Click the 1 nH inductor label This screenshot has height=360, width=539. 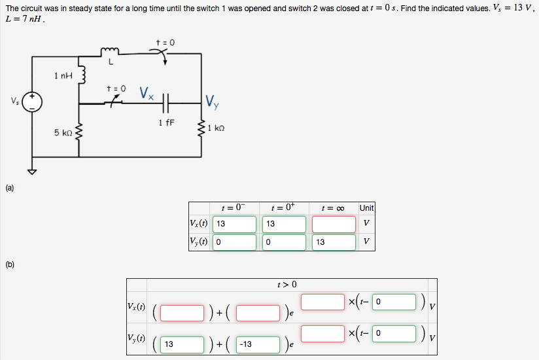(x=63, y=77)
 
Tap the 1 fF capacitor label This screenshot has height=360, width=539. (x=165, y=122)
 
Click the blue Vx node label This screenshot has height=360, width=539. (x=147, y=94)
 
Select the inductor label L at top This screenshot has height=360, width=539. (x=111, y=62)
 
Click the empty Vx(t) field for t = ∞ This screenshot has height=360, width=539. (x=334, y=224)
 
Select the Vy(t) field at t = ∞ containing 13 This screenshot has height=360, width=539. (x=334, y=242)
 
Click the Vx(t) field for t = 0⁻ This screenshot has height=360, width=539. (x=234, y=224)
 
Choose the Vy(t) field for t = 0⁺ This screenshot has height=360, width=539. (x=285, y=242)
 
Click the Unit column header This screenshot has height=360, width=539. (x=366, y=207)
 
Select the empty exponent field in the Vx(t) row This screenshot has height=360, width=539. (x=322, y=302)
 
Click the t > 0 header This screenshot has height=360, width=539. (x=287, y=284)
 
